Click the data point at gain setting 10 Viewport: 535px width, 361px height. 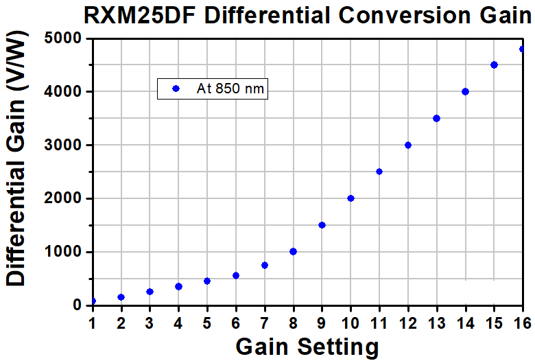click(350, 198)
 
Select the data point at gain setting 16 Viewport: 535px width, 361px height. click(521, 49)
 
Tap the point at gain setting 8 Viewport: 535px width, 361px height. click(293, 252)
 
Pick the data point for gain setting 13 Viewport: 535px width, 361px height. click(436, 119)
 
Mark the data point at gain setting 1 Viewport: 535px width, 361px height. click(93, 301)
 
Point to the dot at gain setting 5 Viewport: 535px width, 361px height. click(207, 281)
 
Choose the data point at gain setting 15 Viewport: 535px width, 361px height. click(494, 65)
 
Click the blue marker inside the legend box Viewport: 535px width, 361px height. click(176, 89)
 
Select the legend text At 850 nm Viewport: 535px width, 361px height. click(230, 89)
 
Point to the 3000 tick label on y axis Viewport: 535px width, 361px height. click(62, 145)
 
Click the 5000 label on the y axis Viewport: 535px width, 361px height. click(62, 38)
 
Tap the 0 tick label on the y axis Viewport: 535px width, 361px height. click(76, 305)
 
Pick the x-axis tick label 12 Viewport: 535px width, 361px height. click(407, 323)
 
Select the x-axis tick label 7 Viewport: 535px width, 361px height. click(265, 323)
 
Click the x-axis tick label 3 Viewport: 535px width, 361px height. click(150, 323)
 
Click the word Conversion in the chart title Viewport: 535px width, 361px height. click(404, 15)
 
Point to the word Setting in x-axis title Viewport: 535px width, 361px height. click(338, 347)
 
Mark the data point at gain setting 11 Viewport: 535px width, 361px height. click(379, 172)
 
